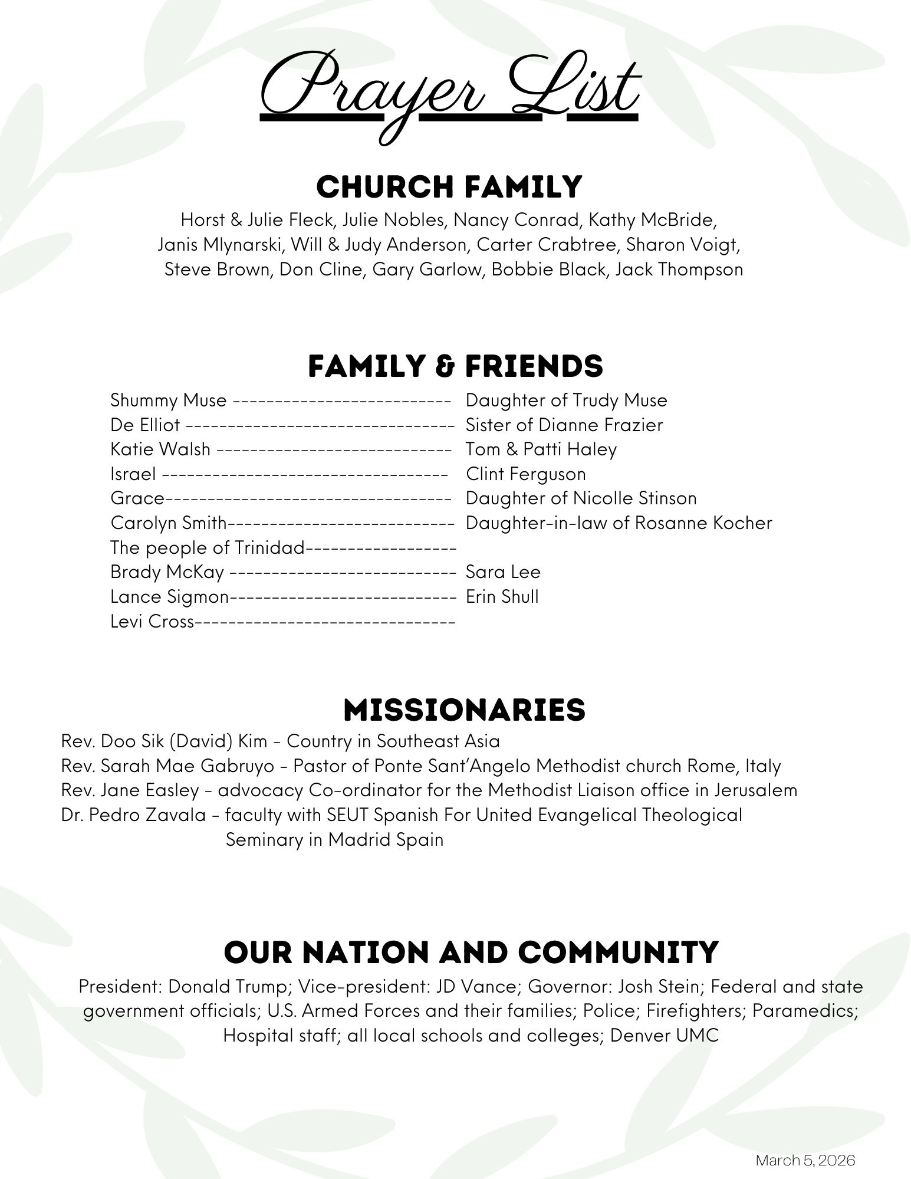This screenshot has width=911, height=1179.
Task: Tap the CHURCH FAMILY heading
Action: [449, 187]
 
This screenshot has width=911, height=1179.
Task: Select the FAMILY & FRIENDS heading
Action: [455, 366]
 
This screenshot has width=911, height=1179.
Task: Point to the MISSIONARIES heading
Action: [464, 710]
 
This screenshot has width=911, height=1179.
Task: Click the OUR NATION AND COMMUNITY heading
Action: [471, 952]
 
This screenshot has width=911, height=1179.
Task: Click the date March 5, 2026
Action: [805, 1160]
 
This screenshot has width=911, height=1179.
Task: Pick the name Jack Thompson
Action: [679, 270]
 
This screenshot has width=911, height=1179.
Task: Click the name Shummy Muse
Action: [168, 400]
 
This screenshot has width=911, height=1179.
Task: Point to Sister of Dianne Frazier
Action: [564, 425]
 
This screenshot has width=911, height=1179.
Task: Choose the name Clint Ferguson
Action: [526, 474]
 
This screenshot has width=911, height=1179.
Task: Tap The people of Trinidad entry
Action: [208, 548]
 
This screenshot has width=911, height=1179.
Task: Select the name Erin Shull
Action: [502, 597]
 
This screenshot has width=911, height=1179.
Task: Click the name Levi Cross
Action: [152, 622]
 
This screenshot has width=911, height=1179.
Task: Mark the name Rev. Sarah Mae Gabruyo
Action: [167, 766]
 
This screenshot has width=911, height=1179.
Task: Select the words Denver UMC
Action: [665, 1036]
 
